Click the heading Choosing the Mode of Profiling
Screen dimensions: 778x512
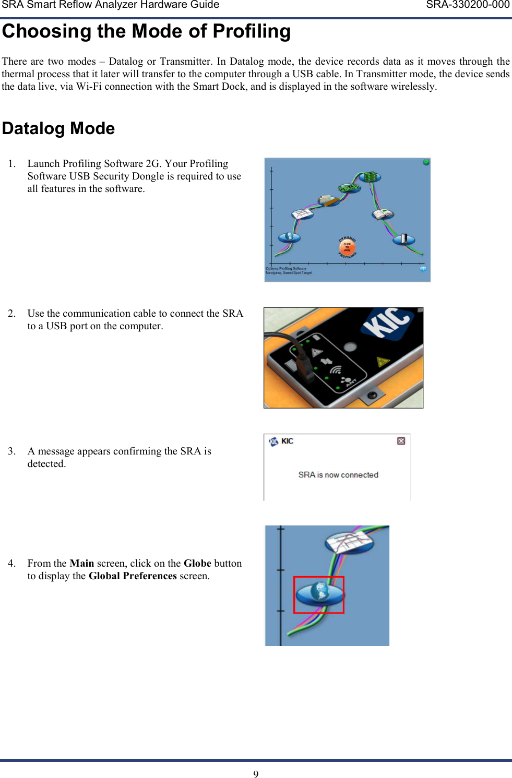(x=146, y=31)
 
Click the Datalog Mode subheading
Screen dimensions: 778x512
(x=58, y=128)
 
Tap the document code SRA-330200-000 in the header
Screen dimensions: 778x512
(x=468, y=5)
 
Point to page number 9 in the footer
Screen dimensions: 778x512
(x=256, y=774)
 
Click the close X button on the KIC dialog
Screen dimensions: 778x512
(x=401, y=441)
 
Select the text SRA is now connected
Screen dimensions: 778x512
(x=338, y=475)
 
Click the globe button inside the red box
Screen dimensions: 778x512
(x=319, y=594)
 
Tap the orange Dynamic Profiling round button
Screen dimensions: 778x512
(x=347, y=247)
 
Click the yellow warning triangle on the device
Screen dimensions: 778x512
(x=383, y=362)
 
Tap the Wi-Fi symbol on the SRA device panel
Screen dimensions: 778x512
(x=336, y=370)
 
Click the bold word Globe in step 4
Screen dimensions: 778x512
(x=197, y=564)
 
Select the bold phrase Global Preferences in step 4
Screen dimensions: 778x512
(x=133, y=576)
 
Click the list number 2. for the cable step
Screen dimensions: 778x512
(x=11, y=314)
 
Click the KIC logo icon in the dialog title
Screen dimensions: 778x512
(x=274, y=441)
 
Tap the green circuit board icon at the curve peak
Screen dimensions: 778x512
(x=371, y=177)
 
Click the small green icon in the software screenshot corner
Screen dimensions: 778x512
(x=426, y=162)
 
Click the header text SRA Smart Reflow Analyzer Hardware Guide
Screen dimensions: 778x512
(x=110, y=5)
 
